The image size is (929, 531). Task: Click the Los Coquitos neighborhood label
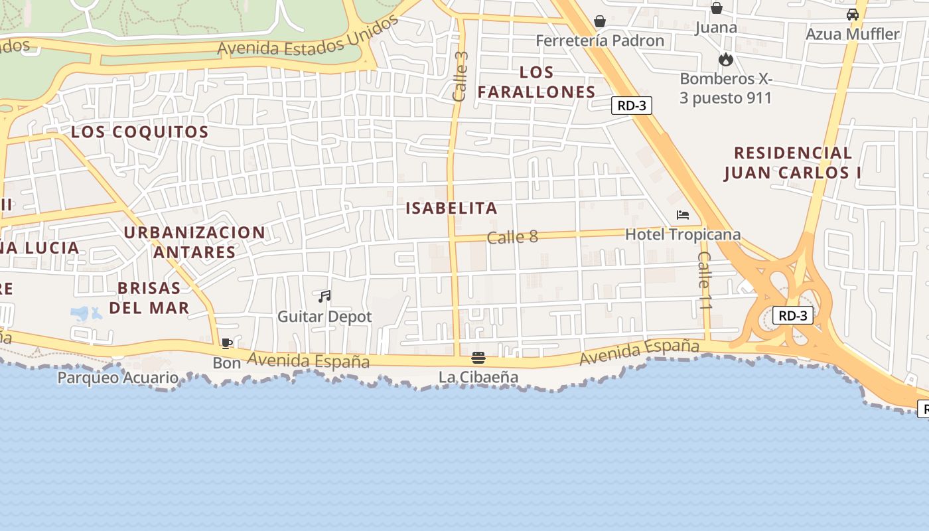(140, 132)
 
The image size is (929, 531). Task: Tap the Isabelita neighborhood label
(451, 208)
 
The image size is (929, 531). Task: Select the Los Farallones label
(536, 82)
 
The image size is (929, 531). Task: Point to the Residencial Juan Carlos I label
(792, 163)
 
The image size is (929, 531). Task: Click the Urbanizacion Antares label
(194, 242)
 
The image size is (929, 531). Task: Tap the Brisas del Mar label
(149, 298)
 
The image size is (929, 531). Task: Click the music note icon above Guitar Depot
(324, 297)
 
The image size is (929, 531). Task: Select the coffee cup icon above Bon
(226, 343)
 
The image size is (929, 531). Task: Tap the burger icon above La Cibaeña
(478, 358)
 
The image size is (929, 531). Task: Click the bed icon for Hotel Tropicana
(683, 215)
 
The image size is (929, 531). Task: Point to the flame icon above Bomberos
(726, 59)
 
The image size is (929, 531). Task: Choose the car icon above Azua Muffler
(853, 14)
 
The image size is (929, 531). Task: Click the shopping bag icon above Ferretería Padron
(600, 21)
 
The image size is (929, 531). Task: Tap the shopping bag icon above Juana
(717, 8)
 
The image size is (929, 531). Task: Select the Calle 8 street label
(512, 237)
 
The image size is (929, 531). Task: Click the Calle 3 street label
(460, 76)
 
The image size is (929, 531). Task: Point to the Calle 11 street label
(705, 279)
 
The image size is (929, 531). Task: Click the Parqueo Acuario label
(117, 378)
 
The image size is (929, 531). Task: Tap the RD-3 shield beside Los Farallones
(631, 106)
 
